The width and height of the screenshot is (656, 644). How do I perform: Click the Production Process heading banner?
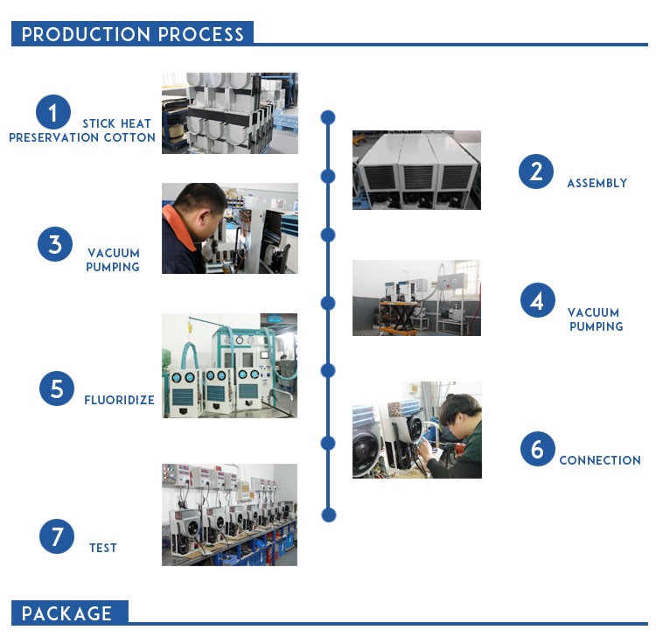(132, 34)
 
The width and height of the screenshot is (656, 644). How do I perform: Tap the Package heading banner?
(69, 612)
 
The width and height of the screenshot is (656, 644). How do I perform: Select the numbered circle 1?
(53, 113)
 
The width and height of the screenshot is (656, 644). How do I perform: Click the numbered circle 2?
(535, 171)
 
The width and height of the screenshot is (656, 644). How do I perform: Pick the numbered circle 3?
(54, 244)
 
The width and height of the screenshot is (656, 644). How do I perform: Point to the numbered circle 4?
(537, 300)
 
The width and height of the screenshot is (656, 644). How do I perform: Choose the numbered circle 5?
(56, 388)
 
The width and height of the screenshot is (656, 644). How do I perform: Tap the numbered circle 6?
(537, 450)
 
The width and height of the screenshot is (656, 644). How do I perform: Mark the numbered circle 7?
(56, 535)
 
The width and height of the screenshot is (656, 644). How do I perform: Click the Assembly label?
(597, 184)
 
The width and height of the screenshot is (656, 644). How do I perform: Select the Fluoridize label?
(119, 401)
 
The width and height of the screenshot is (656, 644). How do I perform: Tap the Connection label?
(600, 460)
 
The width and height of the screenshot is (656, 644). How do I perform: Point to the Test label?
(103, 548)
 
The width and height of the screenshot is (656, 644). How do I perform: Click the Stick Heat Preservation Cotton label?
(82, 131)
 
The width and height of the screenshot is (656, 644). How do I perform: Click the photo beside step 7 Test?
(229, 514)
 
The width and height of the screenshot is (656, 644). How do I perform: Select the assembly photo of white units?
(416, 170)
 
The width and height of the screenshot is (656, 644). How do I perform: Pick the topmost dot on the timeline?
(328, 116)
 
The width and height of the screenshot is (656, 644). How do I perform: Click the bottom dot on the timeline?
(328, 514)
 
